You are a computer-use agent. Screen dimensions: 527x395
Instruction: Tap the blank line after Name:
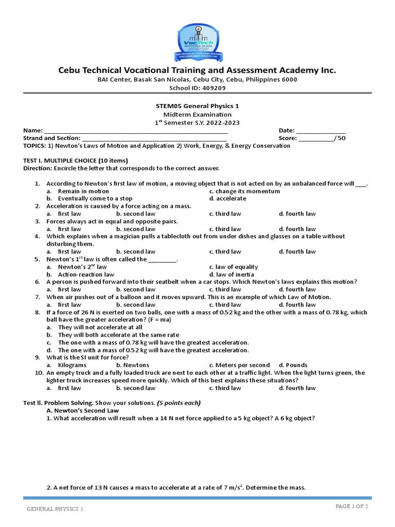click(x=136, y=131)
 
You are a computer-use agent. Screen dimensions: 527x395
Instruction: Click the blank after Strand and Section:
click(x=154, y=138)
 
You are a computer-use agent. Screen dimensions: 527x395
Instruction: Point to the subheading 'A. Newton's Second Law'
click(x=82, y=410)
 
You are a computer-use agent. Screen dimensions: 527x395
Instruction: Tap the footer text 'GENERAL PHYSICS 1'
click(x=55, y=509)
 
